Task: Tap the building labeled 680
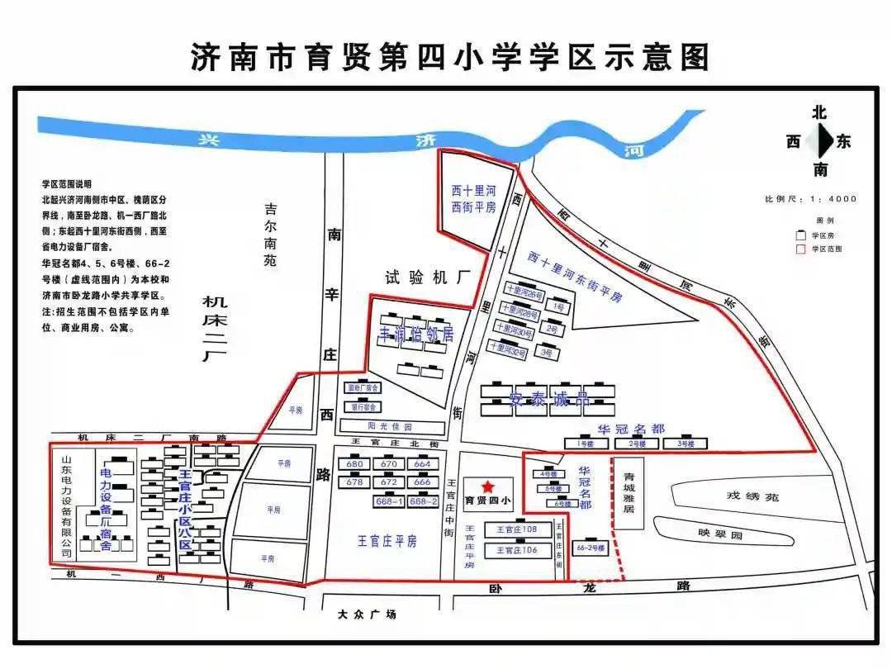(355, 464)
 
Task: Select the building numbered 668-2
(423, 501)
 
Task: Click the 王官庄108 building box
(517, 529)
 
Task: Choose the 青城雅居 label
(629, 494)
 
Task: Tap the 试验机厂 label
(421, 278)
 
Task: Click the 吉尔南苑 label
(270, 235)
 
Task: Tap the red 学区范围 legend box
(799, 248)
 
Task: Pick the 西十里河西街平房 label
(473, 199)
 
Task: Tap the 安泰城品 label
(548, 401)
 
